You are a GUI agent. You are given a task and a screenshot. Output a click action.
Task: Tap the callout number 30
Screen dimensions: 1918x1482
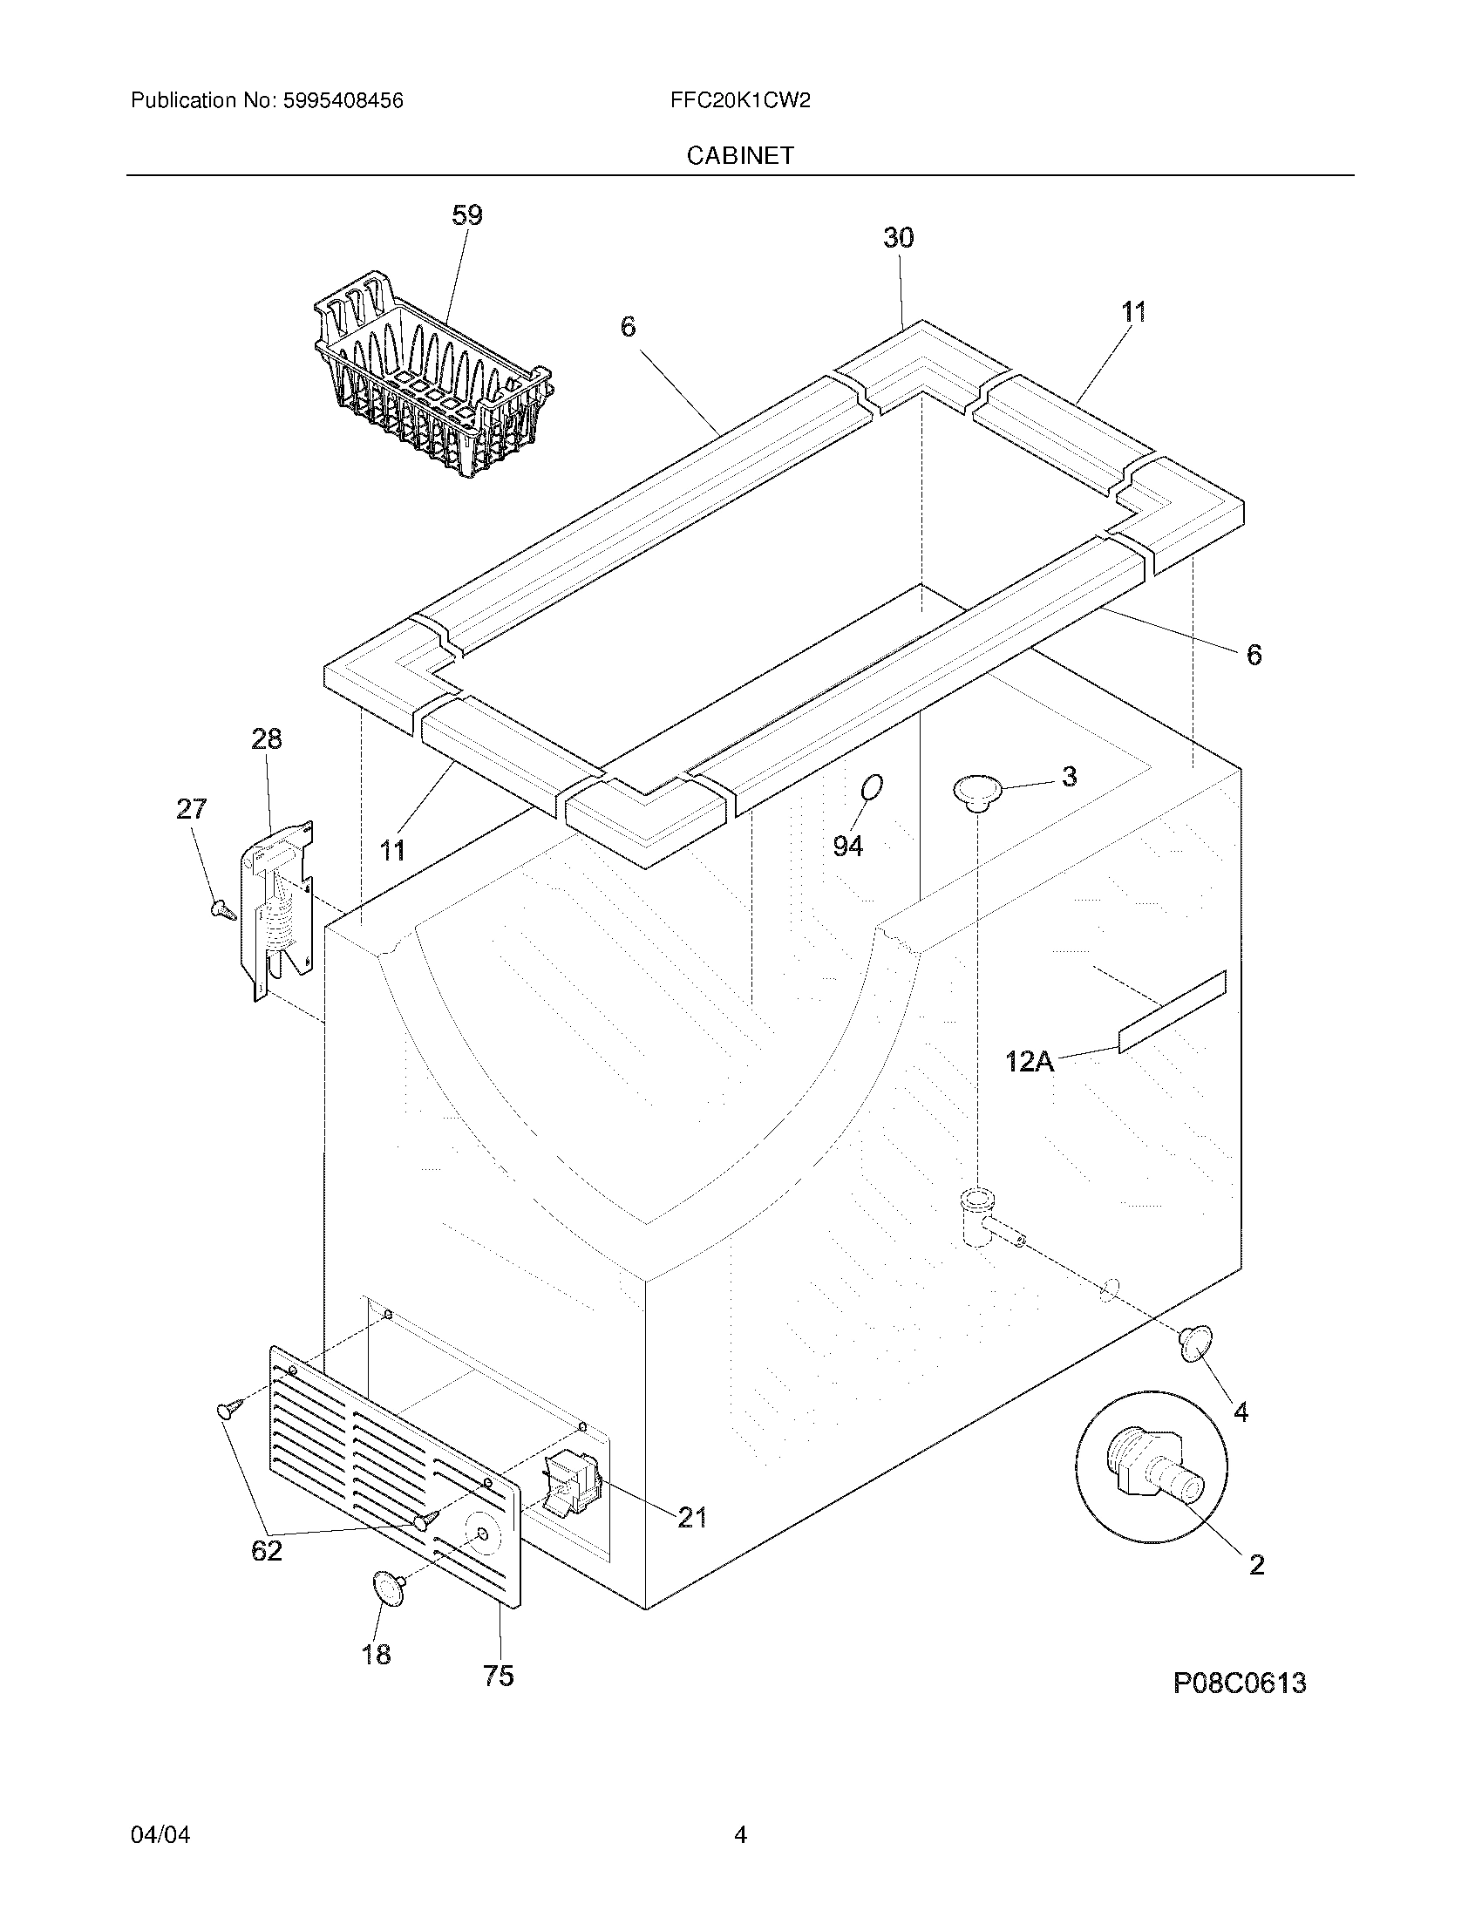[x=898, y=237]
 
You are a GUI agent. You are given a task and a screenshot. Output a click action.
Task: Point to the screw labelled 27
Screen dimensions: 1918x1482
[x=222, y=910]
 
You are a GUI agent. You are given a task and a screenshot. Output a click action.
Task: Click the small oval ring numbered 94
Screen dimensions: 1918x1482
[x=871, y=788]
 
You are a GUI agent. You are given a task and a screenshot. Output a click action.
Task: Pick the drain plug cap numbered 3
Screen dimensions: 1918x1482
[x=977, y=790]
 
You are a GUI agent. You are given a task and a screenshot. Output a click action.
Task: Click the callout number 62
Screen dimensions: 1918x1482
[x=267, y=1551]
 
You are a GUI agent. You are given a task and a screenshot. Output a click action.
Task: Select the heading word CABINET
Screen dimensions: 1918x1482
[x=740, y=155]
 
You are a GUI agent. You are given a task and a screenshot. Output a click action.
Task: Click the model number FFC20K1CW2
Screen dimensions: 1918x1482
[x=739, y=101]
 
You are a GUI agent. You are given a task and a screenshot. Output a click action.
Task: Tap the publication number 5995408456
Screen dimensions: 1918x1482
[x=343, y=101]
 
